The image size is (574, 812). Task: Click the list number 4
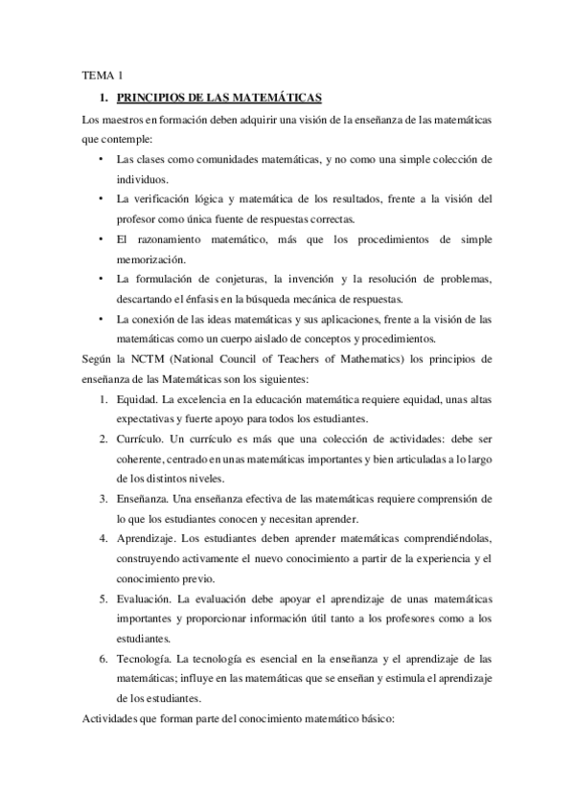click(103, 539)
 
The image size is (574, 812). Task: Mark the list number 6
click(103, 660)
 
